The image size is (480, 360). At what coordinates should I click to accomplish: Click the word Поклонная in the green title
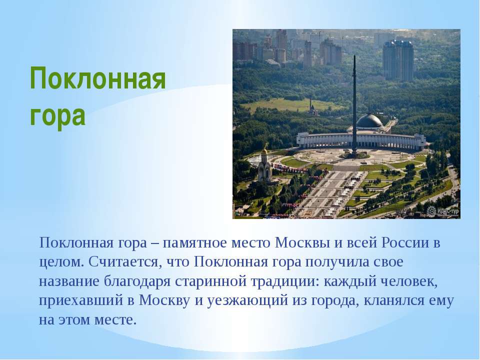(x=97, y=78)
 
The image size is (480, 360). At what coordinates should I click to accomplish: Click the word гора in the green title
(x=57, y=115)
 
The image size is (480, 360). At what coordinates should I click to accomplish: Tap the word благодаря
(x=137, y=281)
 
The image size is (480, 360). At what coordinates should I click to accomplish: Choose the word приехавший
(x=81, y=301)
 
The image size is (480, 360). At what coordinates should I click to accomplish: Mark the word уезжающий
(x=247, y=301)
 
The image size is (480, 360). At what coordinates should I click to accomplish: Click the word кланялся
(x=393, y=301)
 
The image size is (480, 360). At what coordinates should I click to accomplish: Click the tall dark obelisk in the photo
(x=354, y=104)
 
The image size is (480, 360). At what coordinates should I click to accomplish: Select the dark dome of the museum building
(x=370, y=120)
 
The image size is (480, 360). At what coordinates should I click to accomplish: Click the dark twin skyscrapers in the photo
(x=397, y=60)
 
